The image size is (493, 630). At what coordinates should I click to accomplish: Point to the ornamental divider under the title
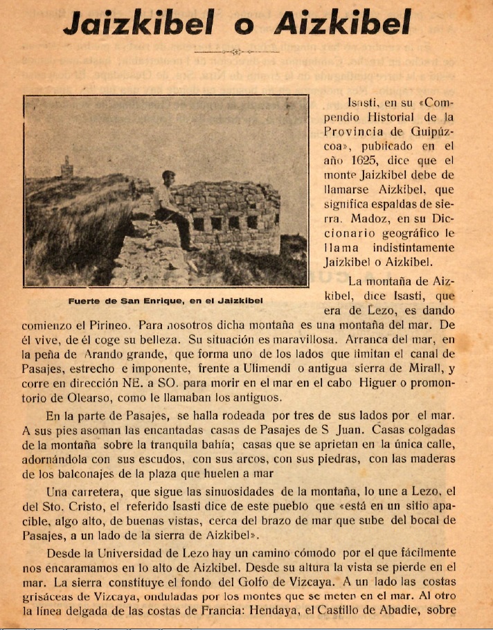coord(236,52)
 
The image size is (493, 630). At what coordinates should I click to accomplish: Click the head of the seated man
coord(168,178)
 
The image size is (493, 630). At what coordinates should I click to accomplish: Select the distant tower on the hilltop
coord(67,166)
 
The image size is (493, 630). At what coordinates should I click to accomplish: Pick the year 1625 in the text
coord(364,160)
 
